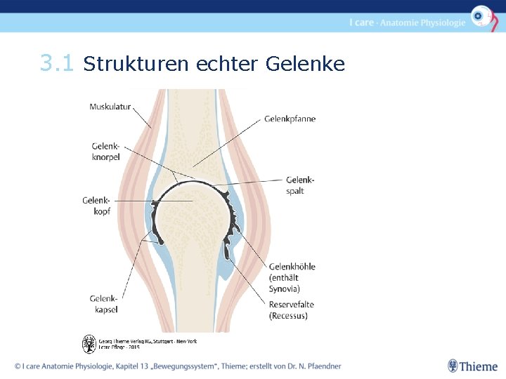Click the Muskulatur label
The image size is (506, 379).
click(110, 107)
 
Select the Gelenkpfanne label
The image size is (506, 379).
click(290, 119)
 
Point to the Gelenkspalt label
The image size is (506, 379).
click(300, 185)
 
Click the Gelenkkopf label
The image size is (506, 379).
click(96, 206)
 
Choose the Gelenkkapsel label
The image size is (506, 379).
click(103, 304)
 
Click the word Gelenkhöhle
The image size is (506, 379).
click(292, 267)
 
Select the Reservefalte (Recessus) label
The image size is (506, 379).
click(292, 310)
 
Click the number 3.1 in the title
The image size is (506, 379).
click(57, 65)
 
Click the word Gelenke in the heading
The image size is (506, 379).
click(306, 65)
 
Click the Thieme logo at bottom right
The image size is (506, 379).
click(472, 366)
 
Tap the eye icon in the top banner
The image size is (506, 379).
click(481, 16)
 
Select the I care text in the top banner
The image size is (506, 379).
click(361, 22)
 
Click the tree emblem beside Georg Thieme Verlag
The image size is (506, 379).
click(89, 344)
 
